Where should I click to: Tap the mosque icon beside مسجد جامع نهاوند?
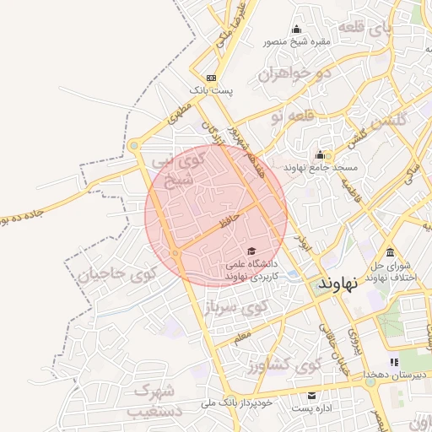tap(320, 154)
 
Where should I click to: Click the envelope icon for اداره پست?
tap(312, 395)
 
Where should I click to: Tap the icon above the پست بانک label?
tap(210, 78)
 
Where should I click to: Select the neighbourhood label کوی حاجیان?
tap(117, 274)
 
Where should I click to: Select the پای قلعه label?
tap(364, 30)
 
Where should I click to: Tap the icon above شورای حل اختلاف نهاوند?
tap(389, 252)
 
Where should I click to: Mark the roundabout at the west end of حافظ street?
tap(175, 253)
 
